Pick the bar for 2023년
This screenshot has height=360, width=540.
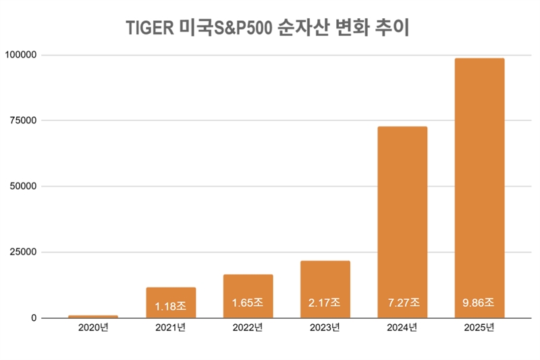(325, 284)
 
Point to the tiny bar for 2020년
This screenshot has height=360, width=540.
(93, 316)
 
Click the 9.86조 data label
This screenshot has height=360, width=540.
(479, 303)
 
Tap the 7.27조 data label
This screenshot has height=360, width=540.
(402, 303)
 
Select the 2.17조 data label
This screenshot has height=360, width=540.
(325, 303)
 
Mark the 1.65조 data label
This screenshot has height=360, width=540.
(248, 303)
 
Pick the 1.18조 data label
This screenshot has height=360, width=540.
(171, 305)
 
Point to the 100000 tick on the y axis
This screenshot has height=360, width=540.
(20, 55)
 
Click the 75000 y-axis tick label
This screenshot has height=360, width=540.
(22, 121)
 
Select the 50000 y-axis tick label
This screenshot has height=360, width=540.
(22, 186)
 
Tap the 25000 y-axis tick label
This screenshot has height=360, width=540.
(22, 253)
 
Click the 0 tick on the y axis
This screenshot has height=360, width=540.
(32, 318)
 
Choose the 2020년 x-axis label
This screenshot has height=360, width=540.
(93, 329)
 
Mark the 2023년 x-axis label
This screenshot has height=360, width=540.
(325, 329)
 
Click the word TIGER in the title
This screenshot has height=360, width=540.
(149, 29)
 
